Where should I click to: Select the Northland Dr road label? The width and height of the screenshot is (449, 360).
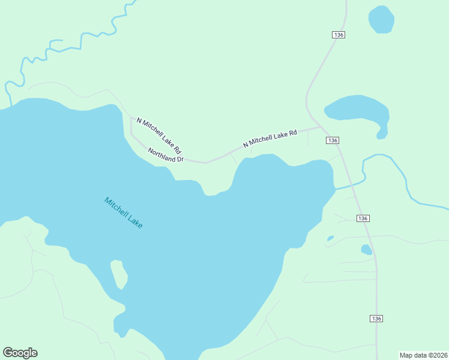pos(166,155)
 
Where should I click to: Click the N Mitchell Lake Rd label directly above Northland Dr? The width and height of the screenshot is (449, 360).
pos(159,135)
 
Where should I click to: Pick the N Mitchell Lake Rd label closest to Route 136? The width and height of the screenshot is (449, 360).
pos(270,139)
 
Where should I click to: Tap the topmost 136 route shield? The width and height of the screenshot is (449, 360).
pos(339,35)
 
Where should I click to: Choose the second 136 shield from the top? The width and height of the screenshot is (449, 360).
pos(333,140)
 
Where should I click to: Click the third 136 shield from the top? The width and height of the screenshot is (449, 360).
pos(362,218)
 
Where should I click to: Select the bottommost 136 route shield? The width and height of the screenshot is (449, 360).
pos(376,318)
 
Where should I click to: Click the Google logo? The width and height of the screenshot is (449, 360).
pos(20,353)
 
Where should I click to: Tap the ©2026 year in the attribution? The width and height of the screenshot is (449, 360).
pos(437,355)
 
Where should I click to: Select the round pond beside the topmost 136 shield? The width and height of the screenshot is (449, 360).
pos(381,20)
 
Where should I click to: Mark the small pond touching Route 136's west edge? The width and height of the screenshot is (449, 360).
pos(366,250)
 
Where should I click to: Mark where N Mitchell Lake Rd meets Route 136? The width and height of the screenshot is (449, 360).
pos(320,127)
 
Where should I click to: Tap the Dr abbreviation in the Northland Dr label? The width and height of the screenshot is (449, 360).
pos(178,160)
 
